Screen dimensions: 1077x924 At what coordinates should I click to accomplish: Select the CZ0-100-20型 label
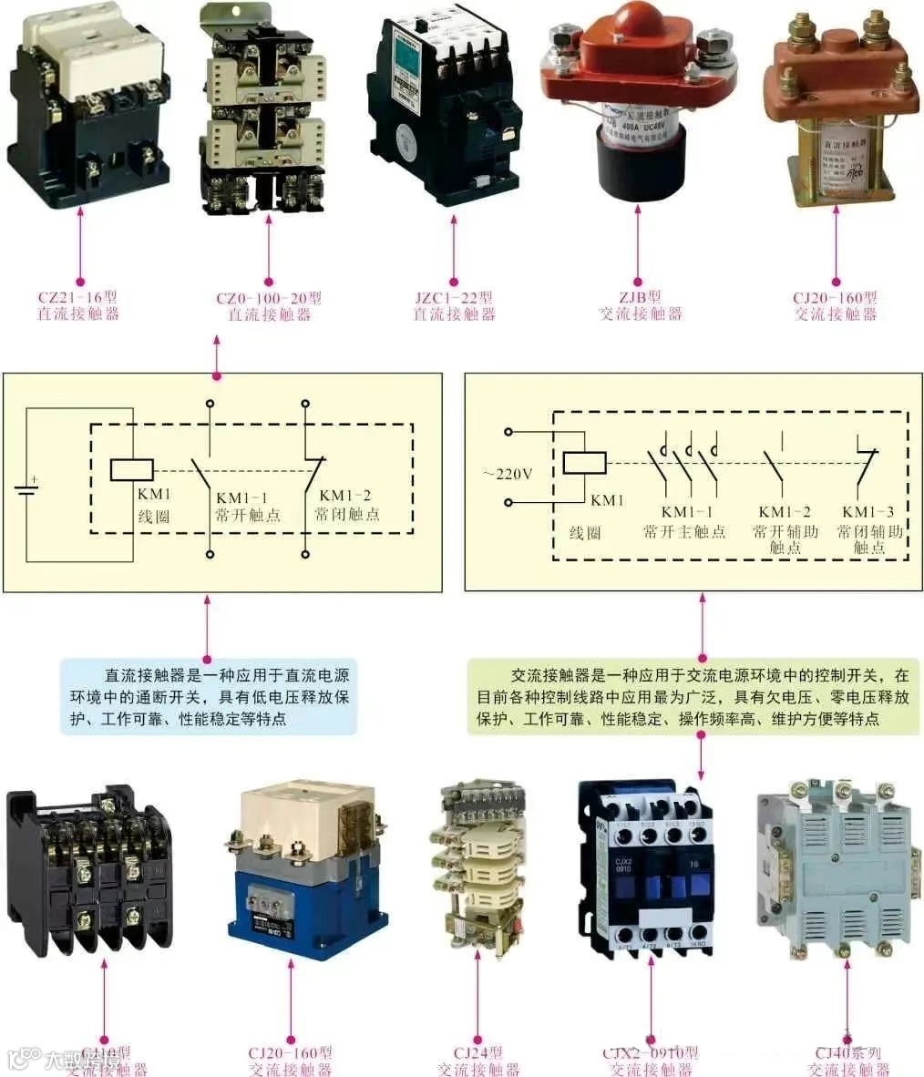269,298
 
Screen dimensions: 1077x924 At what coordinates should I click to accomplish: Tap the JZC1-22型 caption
454,298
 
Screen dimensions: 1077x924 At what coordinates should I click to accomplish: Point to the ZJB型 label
640,298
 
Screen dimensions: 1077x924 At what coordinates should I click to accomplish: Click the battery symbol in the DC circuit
27,487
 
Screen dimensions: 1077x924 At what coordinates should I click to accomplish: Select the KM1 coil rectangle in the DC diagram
132,469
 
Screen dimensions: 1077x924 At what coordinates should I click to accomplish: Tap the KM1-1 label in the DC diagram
241,497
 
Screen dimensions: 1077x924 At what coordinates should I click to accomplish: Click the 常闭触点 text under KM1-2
347,515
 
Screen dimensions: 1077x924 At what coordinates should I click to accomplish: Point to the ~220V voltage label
508,474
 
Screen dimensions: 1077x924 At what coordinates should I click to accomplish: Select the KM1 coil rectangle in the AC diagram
583,463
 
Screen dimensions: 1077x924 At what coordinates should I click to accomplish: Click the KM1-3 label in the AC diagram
868,512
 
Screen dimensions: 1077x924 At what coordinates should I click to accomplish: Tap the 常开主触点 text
684,531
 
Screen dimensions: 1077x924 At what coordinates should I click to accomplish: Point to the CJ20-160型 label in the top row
835,298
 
